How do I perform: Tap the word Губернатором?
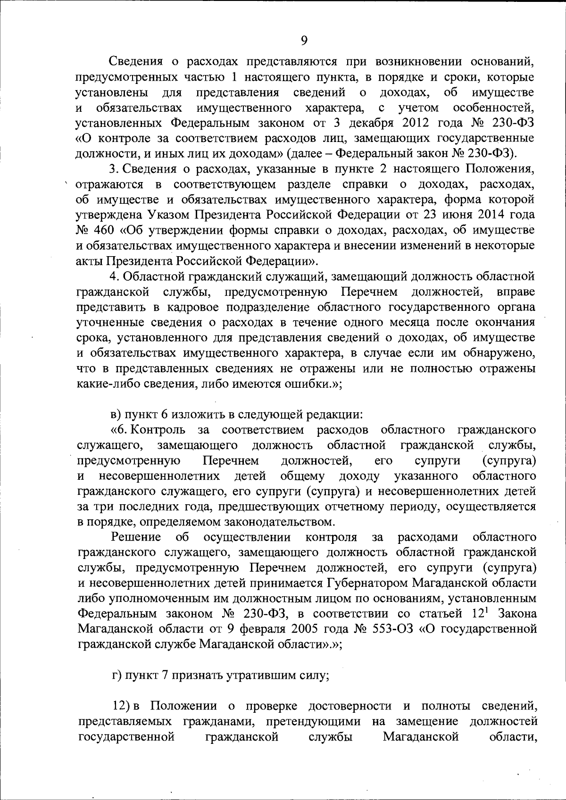[367, 583]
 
